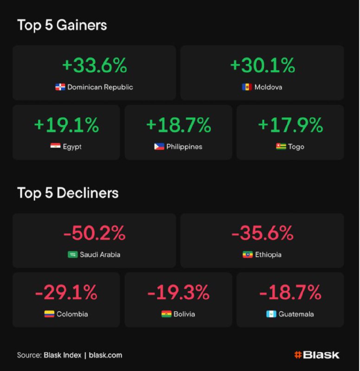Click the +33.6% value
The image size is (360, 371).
click(94, 66)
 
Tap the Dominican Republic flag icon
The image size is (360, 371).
click(60, 87)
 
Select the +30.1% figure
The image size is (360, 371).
click(262, 66)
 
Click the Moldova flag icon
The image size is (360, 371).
click(247, 87)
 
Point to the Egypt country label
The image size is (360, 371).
click(72, 147)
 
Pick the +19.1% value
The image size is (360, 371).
click(66, 125)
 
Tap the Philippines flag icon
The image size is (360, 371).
click(159, 147)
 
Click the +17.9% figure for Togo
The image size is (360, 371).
click(290, 125)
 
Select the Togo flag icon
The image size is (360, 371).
click(281, 147)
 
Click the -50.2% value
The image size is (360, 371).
click(94, 233)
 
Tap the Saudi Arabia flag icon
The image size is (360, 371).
click(73, 255)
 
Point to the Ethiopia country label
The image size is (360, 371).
click(268, 255)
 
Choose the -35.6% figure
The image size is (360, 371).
click(262, 233)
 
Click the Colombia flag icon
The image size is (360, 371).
click(49, 314)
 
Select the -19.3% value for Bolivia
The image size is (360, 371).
click(179, 293)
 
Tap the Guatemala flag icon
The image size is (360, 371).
click(271, 314)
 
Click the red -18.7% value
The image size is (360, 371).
click(290, 293)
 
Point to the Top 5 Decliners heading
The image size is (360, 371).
click(68, 193)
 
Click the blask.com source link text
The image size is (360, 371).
click(105, 355)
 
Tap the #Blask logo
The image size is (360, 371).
click(317, 355)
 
